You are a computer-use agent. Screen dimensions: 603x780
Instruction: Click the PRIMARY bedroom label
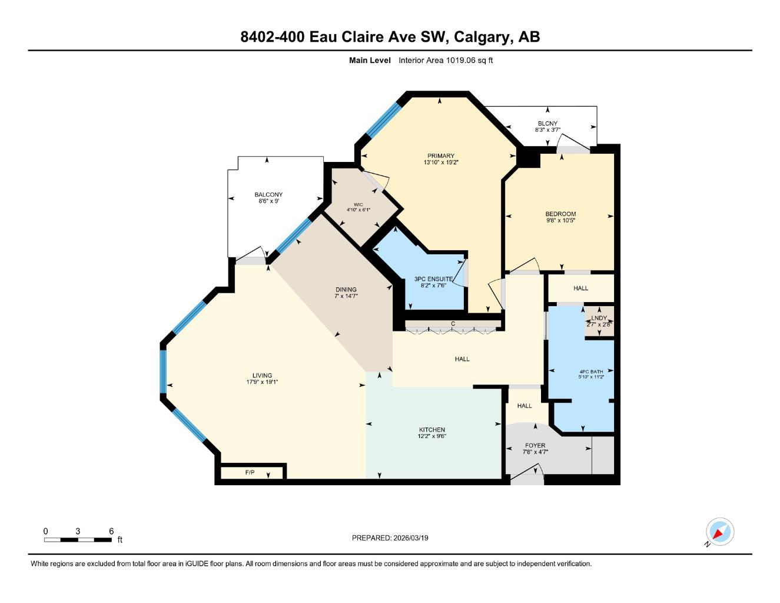click(x=440, y=156)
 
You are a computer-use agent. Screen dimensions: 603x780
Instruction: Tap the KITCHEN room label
click(x=432, y=430)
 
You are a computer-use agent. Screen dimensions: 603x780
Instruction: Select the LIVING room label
click(x=262, y=376)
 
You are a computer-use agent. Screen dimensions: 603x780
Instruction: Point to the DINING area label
click(x=346, y=290)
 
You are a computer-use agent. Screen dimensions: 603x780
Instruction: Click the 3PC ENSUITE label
click(x=433, y=279)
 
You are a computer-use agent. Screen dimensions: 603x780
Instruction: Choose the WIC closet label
click(x=358, y=204)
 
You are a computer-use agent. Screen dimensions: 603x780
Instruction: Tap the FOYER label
click(x=535, y=446)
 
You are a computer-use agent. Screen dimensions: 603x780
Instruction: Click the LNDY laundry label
click(x=599, y=318)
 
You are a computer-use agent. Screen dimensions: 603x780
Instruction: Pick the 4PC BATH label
click(x=591, y=372)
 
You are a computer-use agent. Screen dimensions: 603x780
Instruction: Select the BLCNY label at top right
click(x=547, y=124)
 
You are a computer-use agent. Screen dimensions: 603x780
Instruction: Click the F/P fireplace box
click(x=250, y=473)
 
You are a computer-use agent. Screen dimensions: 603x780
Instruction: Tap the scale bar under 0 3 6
click(x=78, y=540)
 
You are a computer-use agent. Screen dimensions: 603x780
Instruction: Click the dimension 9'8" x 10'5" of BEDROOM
click(x=560, y=220)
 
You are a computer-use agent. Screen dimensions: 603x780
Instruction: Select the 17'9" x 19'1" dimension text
click(x=262, y=382)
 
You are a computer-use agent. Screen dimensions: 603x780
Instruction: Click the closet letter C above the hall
click(x=453, y=324)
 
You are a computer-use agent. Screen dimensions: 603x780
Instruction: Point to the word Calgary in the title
click(x=482, y=37)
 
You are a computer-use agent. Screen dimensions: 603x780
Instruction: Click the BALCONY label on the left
click(x=268, y=194)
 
